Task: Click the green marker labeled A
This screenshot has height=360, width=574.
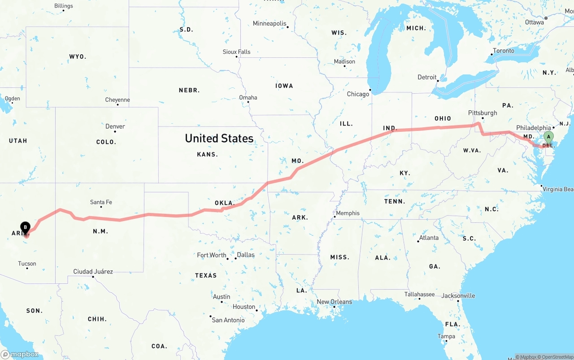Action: tap(548, 137)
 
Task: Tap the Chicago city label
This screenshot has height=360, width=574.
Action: tap(358, 94)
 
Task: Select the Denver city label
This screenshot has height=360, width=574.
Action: tap(115, 126)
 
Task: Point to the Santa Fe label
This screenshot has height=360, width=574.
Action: tap(100, 202)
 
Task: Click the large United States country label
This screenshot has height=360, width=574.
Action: tap(219, 138)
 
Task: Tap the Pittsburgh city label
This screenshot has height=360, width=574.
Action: tap(483, 113)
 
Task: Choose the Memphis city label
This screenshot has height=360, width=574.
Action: tap(348, 213)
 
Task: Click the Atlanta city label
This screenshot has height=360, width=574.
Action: tap(429, 238)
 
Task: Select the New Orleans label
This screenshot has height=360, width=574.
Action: tap(334, 302)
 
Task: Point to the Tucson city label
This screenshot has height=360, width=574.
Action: tap(27, 264)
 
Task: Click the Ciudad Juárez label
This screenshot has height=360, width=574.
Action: tap(93, 271)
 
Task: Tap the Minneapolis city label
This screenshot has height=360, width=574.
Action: tap(270, 23)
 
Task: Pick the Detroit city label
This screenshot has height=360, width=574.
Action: tap(427, 77)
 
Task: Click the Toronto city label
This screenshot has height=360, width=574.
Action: tap(504, 51)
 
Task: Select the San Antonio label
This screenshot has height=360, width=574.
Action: tap(228, 320)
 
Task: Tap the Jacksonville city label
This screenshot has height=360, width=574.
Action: tap(458, 296)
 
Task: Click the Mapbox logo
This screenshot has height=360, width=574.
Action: tap(20, 354)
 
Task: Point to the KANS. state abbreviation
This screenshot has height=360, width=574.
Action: tap(207, 154)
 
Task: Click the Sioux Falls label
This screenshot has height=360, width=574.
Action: tap(236, 52)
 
